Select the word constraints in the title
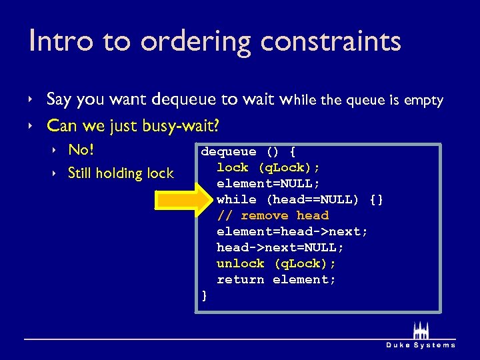pos(331,41)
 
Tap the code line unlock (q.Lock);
pos(276,263)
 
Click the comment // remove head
pos(273,215)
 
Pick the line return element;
pos(276,279)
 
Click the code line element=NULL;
pos(268,183)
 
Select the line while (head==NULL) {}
pos(300,199)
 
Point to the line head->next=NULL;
pos(280,247)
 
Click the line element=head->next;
pos(292,231)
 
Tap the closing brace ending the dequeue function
pos(205,295)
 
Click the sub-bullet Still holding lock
pos(121,173)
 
